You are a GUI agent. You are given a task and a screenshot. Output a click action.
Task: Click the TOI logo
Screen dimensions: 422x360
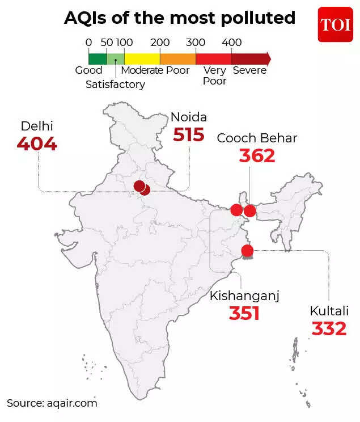[335, 25]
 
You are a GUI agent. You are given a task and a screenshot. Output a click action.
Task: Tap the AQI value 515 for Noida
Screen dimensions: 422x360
[188, 135]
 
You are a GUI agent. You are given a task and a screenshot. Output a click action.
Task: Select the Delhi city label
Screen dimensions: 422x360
[37, 126]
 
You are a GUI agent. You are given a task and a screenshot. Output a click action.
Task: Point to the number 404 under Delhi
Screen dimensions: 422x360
[37, 144]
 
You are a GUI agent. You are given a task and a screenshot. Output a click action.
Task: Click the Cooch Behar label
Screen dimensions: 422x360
[257, 138]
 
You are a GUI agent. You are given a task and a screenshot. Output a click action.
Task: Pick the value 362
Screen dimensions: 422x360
[257, 155]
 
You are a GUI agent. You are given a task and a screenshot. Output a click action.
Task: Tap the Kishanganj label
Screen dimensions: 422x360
[245, 296]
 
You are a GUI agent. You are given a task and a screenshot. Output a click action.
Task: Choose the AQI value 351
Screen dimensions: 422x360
[244, 313]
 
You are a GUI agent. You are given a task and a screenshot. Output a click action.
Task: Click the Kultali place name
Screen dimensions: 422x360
[329, 311]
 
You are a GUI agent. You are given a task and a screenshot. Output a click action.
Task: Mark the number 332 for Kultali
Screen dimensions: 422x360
[329, 328]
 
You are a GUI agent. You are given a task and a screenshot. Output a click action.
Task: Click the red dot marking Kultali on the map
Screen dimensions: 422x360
[247, 250]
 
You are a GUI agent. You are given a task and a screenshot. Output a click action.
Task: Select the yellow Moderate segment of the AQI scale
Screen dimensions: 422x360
[142, 58]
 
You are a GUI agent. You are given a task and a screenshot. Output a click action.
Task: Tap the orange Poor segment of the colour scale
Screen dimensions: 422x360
[178, 58]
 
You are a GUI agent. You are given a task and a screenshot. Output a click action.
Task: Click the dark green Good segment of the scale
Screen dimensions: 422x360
[98, 58]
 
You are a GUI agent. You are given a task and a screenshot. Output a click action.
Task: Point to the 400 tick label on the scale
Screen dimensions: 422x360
[232, 43]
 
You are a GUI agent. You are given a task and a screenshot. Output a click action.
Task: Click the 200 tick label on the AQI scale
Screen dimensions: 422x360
[160, 43]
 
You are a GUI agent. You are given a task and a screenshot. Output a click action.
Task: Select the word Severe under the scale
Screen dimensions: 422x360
[249, 71]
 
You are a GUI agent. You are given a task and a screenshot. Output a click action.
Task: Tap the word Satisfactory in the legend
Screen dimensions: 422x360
[115, 85]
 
